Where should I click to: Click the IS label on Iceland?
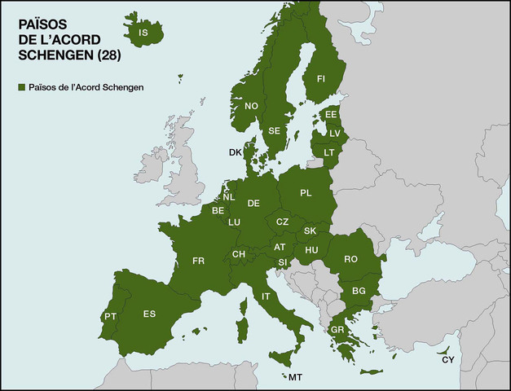point(143,33)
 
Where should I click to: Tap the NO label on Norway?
point(251,106)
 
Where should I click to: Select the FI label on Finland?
point(320,78)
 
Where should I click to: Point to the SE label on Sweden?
point(275,130)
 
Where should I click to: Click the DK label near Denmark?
point(235,152)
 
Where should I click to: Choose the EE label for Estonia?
point(331,115)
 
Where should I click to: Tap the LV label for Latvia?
point(334,133)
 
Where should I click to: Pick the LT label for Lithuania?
point(328,152)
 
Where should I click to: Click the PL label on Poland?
point(306,193)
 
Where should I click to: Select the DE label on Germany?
point(253,203)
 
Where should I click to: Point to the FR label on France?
point(198,261)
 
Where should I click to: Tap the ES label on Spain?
point(149,314)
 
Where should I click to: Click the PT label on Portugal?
point(111,316)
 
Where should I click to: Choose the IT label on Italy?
point(266,297)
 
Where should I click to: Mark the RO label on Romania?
point(351,259)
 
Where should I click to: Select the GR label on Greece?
point(337,329)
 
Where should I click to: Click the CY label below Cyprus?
point(447,359)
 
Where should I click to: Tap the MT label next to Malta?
point(295,378)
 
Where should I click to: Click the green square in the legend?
point(21,87)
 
